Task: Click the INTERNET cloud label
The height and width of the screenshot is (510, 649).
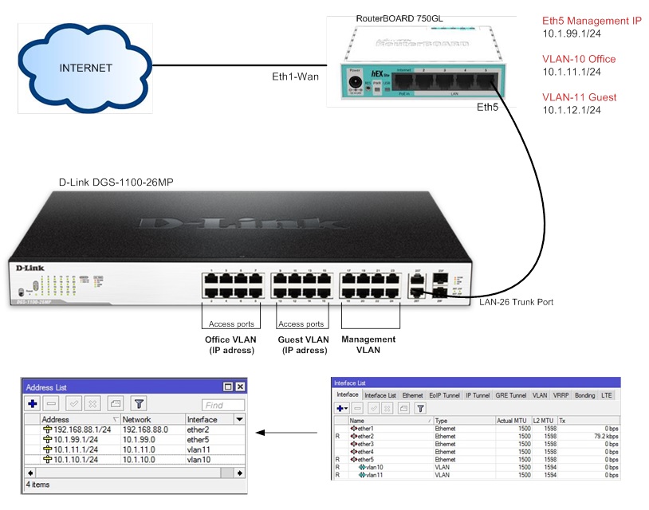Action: click(x=85, y=68)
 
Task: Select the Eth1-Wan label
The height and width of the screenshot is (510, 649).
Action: click(x=296, y=77)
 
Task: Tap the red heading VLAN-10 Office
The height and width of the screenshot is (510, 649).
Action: click(x=579, y=59)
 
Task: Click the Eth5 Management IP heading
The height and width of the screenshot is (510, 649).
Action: click(x=592, y=21)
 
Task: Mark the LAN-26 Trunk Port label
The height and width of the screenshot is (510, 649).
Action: click(x=516, y=302)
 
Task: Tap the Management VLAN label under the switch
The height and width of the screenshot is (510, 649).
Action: click(x=368, y=344)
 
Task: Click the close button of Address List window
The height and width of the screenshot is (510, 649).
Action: click(x=240, y=386)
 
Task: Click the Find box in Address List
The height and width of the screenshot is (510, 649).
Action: click(x=222, y=405)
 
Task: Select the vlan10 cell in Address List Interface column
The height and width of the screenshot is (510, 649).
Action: click(x=199, y=460)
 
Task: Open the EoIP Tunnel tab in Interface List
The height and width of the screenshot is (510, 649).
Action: click(x=446, y=395)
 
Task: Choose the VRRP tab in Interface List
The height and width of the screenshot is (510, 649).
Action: click(x=561, y=395)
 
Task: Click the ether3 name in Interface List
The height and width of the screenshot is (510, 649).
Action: click(x=365, y=444)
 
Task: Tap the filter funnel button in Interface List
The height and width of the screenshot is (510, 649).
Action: click(x=420, y=407)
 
